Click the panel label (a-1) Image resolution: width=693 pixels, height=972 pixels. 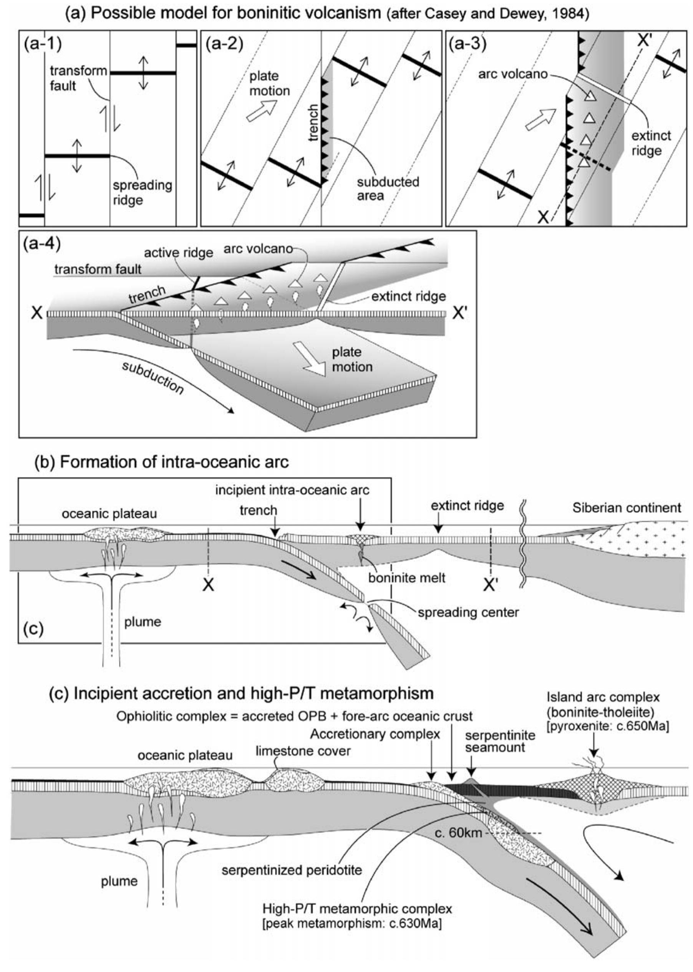click(x=43, y=44)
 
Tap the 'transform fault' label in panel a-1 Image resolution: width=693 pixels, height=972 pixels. click(x=78, y=78)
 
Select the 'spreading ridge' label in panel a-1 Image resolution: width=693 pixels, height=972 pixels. click(x=142, y=192)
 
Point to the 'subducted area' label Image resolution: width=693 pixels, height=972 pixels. click(x=388, y=189)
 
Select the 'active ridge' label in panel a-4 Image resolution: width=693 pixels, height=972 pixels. click(x=178, y=253)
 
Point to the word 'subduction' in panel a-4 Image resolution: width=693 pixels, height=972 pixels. click(x=153, y=378)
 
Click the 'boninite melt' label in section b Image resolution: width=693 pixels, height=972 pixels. click(x=407, y=578)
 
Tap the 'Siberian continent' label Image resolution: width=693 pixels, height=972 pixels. click(x=627, y=508)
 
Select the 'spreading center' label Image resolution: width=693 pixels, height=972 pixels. click(x=468, y=613)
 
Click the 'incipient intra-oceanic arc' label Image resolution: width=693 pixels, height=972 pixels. click(x=292, y=490)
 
